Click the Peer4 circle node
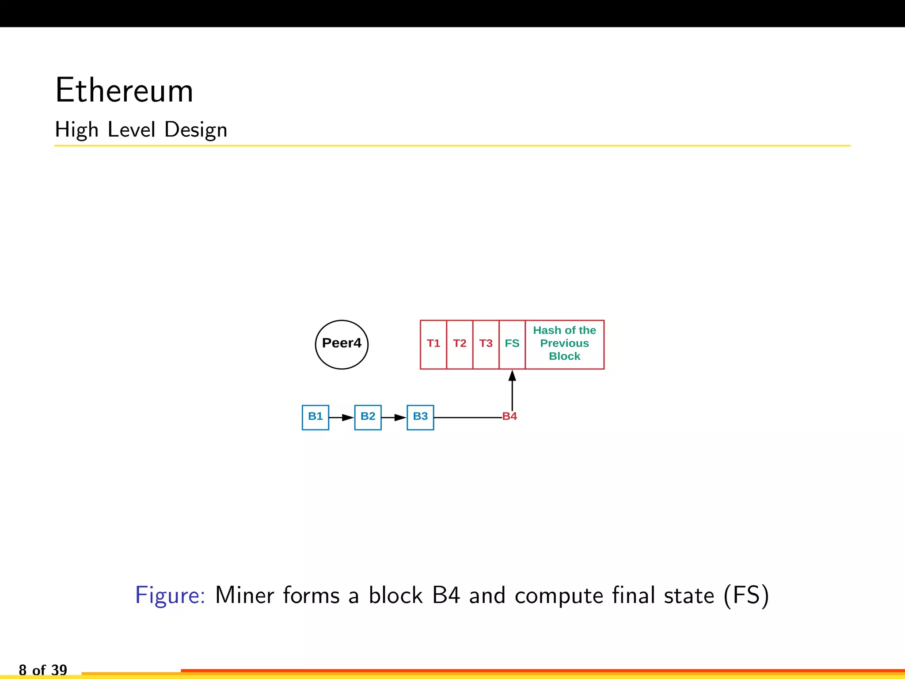(342, 344)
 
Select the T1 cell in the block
(433, 344)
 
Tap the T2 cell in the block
(460, 344)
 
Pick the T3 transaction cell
(486, 344)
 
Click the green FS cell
(512, 344)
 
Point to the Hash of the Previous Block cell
(564, 344)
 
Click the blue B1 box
(316, 417)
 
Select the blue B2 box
(368, 417)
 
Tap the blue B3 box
(420, 417)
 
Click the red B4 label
(510, 416)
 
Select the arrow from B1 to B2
(342, 417)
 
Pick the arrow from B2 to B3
(394, 417)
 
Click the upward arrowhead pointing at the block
(512, 376)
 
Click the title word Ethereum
(124, 91)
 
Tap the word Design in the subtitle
(196, 130)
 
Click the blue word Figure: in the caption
(170, 595)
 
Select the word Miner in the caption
(244, 595)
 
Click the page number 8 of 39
(43, 670)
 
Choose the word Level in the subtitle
(131, 130)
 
